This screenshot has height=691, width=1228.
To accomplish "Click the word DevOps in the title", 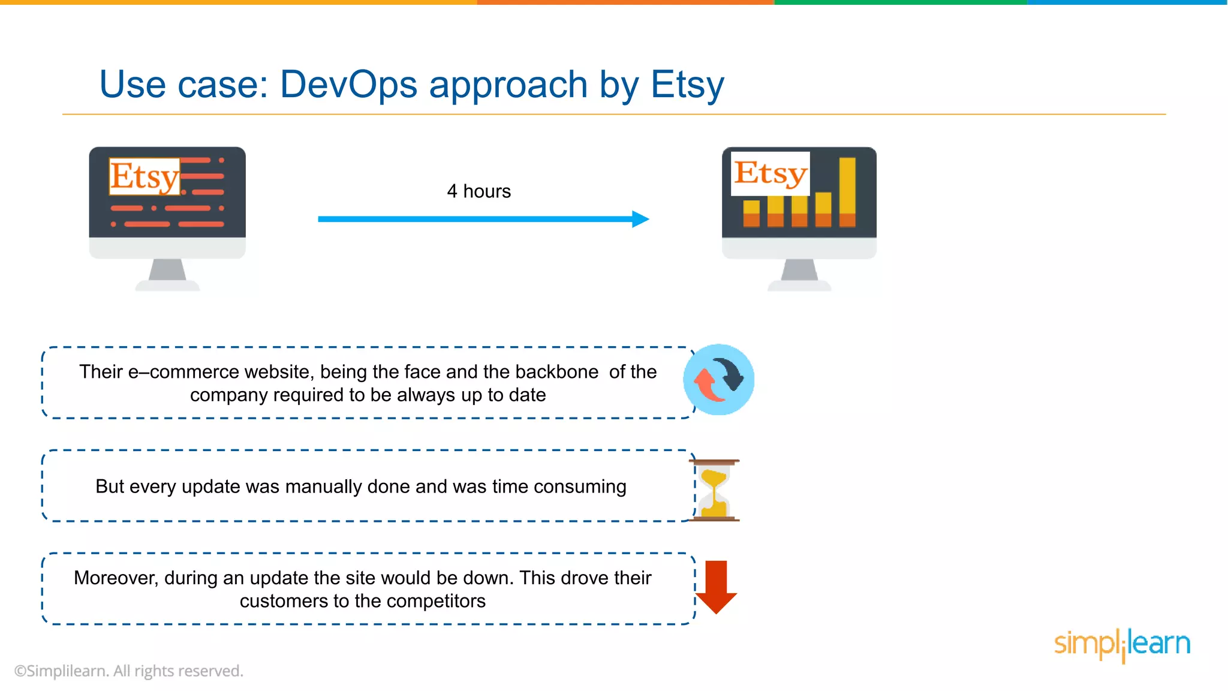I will pos(348,85).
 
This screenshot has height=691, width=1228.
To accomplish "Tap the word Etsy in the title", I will pos(687,85).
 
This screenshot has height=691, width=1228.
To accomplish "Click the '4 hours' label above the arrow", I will pos(478,191).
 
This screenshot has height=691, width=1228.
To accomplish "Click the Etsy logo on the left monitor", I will pos(145,176).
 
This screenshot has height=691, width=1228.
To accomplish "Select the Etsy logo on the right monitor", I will pos(770,173).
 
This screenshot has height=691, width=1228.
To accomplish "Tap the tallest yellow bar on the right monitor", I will pos(847,192).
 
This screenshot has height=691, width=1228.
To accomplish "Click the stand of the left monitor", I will pos(167,273).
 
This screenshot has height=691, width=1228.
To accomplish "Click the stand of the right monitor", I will pos(799,273).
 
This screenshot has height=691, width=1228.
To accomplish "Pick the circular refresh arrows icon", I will pos(718,380).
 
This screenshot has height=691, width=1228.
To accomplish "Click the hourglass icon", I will pos(714,490).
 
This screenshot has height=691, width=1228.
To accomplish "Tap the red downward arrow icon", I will pos(716,587).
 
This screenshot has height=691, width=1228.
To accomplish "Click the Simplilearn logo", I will pos(1121,644).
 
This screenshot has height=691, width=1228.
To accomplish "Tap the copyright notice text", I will pos(129,671).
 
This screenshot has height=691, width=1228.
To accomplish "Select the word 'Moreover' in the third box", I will pos(116,578).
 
